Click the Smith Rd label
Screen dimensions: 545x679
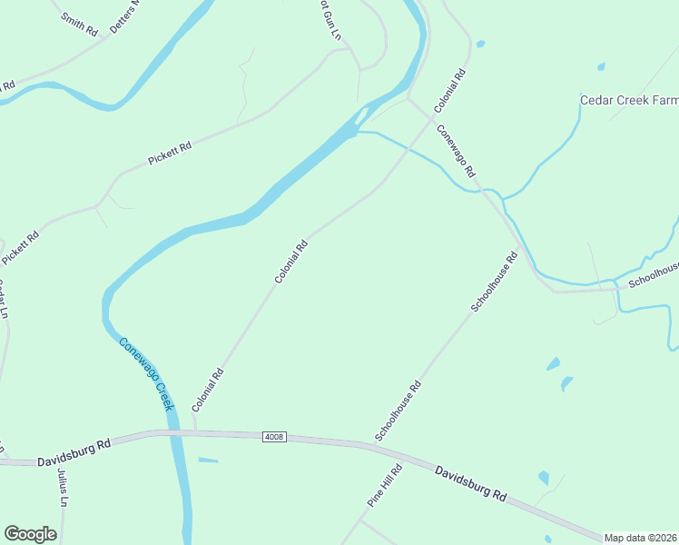[x=79, y=24]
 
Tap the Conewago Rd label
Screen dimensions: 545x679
[x=457, y=151]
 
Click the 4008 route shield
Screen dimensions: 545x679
[x=275, y=437]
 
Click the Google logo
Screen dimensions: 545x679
[x=30, y=534]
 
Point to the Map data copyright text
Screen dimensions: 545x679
[x=641, y=538]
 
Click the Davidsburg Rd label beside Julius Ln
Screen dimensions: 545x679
[x=74, y=452]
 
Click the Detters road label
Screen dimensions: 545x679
[x=126, y=16]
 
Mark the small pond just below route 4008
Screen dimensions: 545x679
[x=208, y=460]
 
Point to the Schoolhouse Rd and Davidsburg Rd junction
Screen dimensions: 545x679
[x=374, y=444]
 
